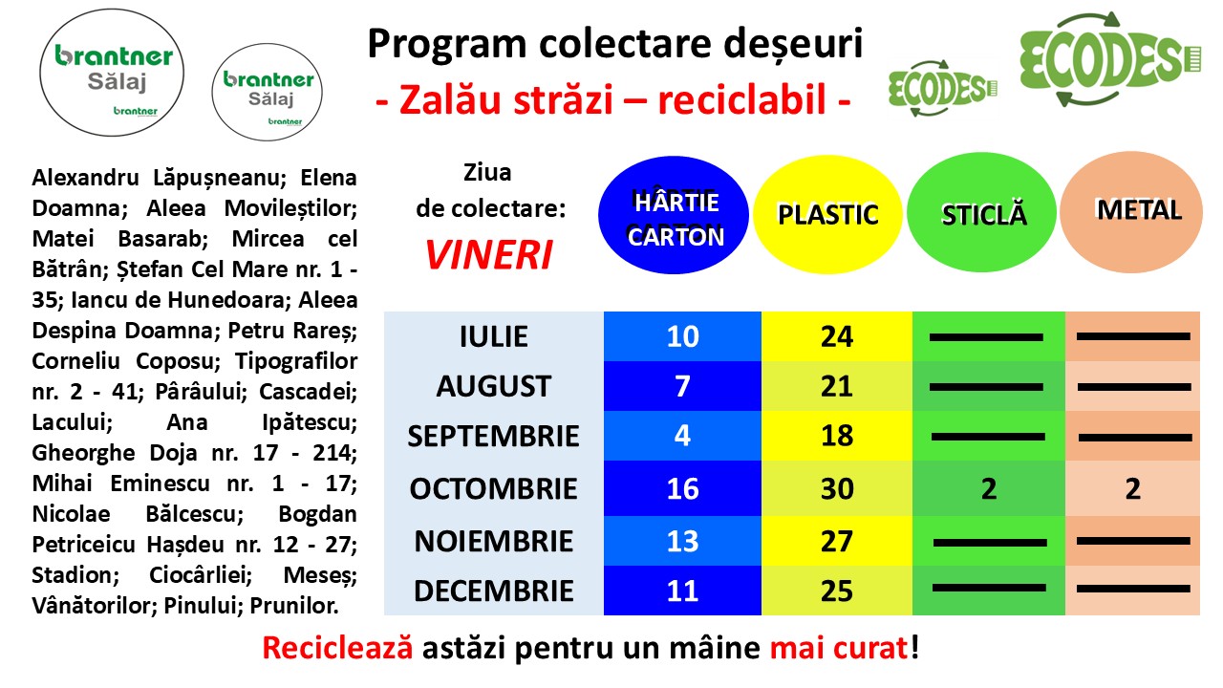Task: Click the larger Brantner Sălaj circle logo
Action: (x=112, y=72)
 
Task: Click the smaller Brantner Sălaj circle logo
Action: (x=267, y=93)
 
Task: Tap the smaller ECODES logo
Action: (x=942, y=88)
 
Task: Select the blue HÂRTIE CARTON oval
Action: (x=674, y=215)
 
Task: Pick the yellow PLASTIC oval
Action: (x=827, y=214)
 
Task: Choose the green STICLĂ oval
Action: (x=981, y=212)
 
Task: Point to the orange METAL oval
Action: (x=1131, y=212)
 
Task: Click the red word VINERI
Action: (x=488, y=255)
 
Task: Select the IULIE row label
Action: (x=494, y=336)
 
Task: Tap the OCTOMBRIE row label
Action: (x=494, y=488)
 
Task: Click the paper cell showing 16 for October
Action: (x=682, y=488)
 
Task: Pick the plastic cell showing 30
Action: (x=837, y=488)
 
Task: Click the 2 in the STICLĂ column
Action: (x=989, y=488)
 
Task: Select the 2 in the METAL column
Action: (x=1133, y=488)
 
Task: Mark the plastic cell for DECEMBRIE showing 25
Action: (x=837, y=591)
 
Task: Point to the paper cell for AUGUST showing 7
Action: (x=682, y=386)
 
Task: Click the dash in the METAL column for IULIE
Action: (x=1133, y=336)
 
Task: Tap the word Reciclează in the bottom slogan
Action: (x=337, y=648)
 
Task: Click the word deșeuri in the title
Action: (x=793, y=44)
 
